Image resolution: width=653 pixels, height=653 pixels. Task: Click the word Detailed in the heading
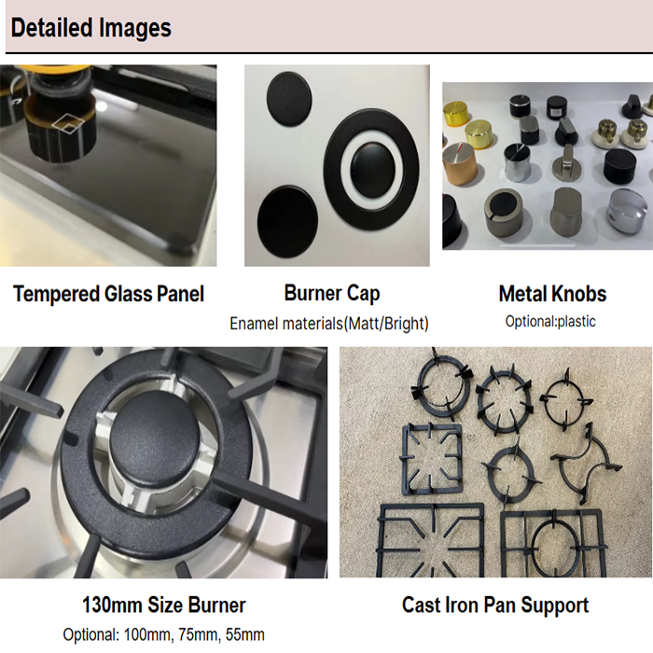[51, 28]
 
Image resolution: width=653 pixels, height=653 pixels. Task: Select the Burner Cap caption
[332, 293]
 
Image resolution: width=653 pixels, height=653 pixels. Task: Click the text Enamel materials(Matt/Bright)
[329, 324]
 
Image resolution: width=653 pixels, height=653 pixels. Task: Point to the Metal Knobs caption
[552, 294]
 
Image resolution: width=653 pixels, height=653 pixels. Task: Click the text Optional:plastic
[550, 322]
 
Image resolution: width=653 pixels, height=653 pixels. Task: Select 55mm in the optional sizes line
[244, 635]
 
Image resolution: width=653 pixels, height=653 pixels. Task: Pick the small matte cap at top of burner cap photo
[289, 98]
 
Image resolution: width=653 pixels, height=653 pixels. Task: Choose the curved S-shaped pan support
[586, 463]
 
